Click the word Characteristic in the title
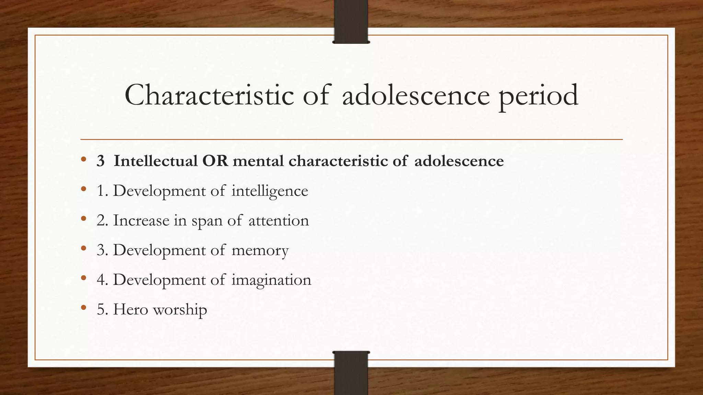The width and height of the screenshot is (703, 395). (209, 95)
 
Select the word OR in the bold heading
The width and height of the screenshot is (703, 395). (215, 161)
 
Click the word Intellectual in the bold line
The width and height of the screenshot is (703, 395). (155, 161)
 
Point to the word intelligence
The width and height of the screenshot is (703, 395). (270, 191)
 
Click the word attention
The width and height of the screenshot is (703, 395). (279, 220)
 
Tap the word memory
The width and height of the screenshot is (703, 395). (260, 250)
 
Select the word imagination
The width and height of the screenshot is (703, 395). (271, 280)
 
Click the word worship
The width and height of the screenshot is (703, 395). (180, 310)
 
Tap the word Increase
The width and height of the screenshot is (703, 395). (141, 220)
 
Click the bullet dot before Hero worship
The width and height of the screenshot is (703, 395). (83, 308)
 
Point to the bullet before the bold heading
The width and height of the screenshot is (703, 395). (83, 159)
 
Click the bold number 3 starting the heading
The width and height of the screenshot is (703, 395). (100, 161)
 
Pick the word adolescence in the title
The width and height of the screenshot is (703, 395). (416, 95)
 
